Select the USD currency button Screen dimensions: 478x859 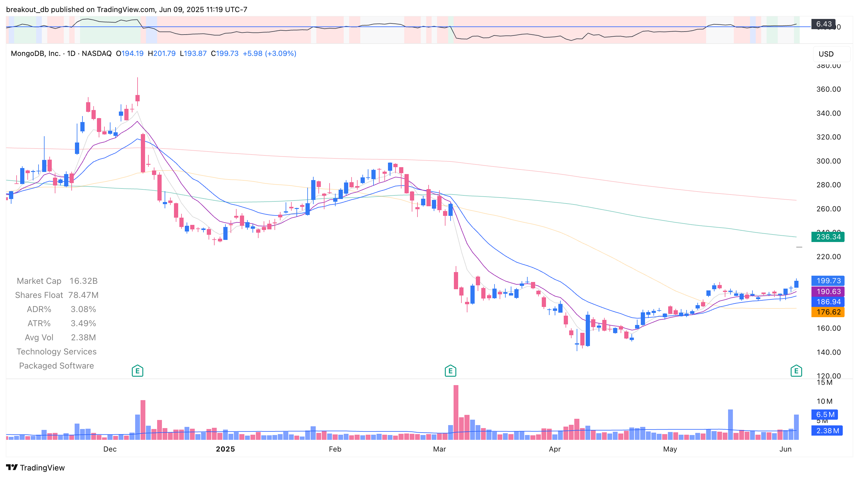[x=826, y=54]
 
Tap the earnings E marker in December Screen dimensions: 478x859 [x=137, y=371]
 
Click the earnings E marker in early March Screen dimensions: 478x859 [x=450, y=371]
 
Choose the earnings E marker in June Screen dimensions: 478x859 [x=796, y=371]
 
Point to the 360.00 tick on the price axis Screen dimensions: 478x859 [x=828, y=89]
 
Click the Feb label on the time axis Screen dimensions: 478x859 [x=335, y=449]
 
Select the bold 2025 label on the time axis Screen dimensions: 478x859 [x=225, y=449]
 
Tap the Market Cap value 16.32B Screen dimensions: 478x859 [x=83, y=281]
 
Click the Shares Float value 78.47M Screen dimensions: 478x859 [x=83, y=295]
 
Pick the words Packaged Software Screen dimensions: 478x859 [x=56, y=366]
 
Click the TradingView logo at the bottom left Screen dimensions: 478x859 [x=35, y=468]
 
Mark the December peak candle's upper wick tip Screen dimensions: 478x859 [x=137, y=78]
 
